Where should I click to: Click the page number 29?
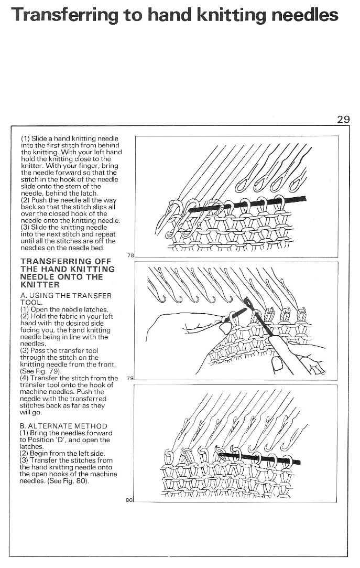(x=343, y=119)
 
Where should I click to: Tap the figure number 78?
(x=130, y=255)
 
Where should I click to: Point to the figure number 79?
(x=130, y=378)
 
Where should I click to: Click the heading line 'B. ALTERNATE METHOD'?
(x=63, y=426)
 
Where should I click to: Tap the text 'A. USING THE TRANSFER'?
(x=66, y=296)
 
